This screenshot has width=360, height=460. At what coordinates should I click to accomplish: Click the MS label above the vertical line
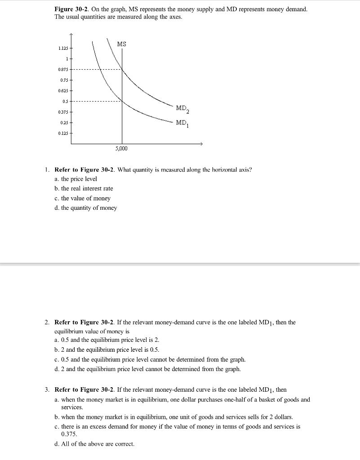(x=121, y=44)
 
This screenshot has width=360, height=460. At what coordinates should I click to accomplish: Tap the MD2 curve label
(x=182, y=108)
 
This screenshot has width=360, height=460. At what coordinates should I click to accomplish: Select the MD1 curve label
(x=182, y=123)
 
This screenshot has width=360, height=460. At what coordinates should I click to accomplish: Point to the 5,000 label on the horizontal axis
(x=121, y=148)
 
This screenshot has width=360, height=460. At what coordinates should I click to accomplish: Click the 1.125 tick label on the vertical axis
(x=63, y=49)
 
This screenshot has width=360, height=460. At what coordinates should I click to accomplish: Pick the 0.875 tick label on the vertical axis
(x=63, y=70)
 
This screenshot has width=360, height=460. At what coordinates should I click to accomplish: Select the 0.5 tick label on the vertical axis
(x=65, y=101)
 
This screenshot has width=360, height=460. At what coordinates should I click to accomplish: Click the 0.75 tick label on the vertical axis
(x=64, y=80)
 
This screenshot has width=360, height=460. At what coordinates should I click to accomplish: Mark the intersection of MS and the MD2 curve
(x=121, y=70)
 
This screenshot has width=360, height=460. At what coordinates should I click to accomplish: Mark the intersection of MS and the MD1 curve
(x=121, y=101)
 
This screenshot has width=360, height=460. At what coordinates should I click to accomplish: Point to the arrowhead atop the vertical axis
(x=71, y=35)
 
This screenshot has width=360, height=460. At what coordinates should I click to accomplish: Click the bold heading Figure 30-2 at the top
(x=71, y=9)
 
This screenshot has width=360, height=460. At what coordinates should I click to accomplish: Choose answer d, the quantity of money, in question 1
(x=85, y=208)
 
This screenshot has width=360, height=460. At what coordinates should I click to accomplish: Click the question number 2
(x=47, y=323)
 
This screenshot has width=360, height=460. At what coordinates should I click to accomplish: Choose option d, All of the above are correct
(x=94, y=444)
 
